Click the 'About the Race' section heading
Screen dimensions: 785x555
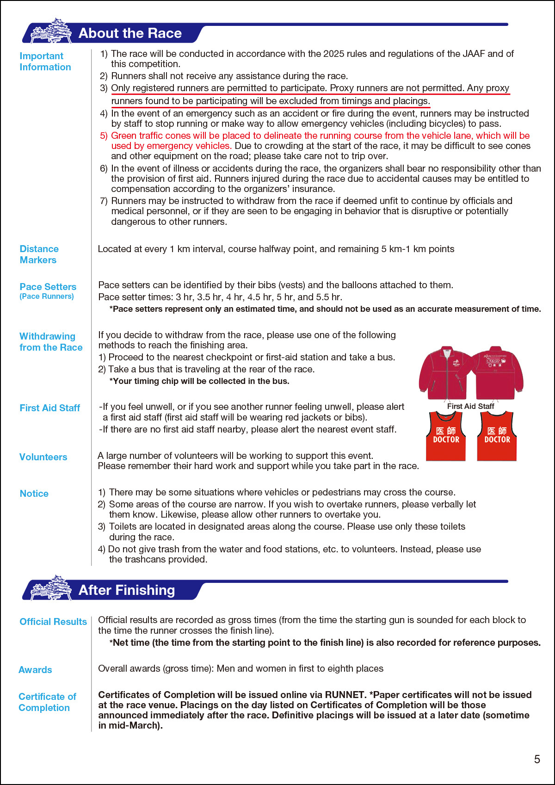pos(130,33)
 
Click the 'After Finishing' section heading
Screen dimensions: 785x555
pos(127,590)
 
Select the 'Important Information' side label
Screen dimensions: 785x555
pos(45,62)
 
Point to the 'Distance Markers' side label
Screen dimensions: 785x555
pos(39,254)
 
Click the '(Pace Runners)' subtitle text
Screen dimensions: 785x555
pos(47,297)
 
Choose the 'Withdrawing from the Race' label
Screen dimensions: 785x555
pos(51,342)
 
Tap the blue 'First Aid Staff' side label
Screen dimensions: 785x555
pos(49,408)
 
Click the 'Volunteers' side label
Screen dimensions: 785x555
pos(43,457)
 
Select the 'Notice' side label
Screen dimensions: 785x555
pos(34,494)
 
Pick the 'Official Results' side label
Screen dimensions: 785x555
pos(53,622)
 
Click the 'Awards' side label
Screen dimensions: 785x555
pos(35,670)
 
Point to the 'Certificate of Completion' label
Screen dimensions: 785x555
pos(47,702)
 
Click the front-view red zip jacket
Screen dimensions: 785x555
pos(445,373)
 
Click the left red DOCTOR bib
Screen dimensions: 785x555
pos(446,436)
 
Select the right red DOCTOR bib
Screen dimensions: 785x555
pos(497,436)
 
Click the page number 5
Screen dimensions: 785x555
pos(537,759)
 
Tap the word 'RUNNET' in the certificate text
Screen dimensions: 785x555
pos(345,695)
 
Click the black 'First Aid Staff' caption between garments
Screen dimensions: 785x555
pos(470,406)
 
